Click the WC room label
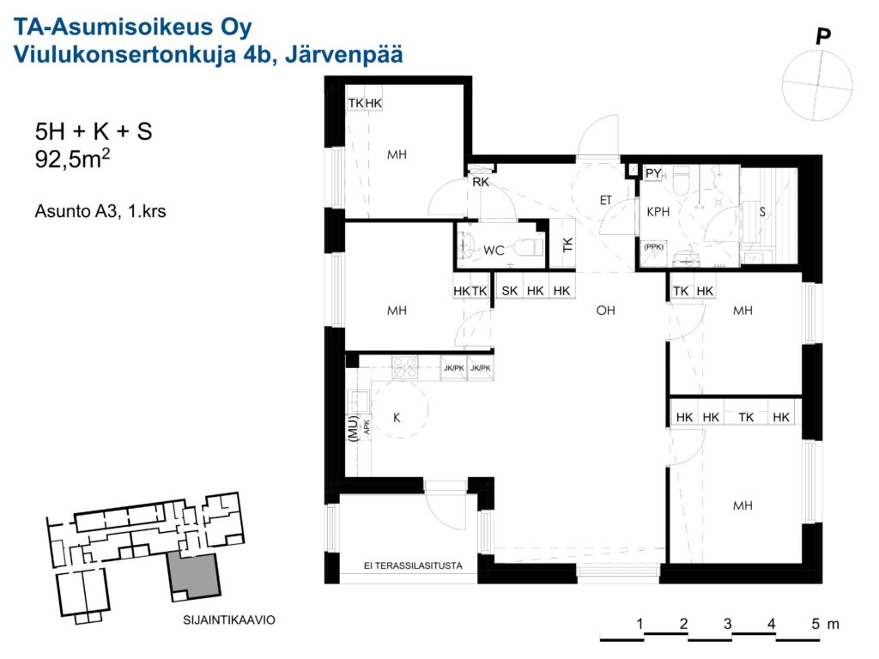(494, 250)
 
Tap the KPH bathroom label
(658, 212)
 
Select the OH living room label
(605, 310)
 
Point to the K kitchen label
(397, 418)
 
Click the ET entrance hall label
(605, 200)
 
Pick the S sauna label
(762, 212)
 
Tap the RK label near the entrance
(481, 182)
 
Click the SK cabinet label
(510, 291)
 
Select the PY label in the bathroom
(653, 173)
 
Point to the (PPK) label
(653, 246)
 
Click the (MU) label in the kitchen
(353, 429)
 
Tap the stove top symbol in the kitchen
(405, 367)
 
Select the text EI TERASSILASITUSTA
(413, 566)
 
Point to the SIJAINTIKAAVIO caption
(228, 620)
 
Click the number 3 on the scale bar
(727, 623)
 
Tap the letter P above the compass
(822, 37)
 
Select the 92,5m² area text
(72, 159)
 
